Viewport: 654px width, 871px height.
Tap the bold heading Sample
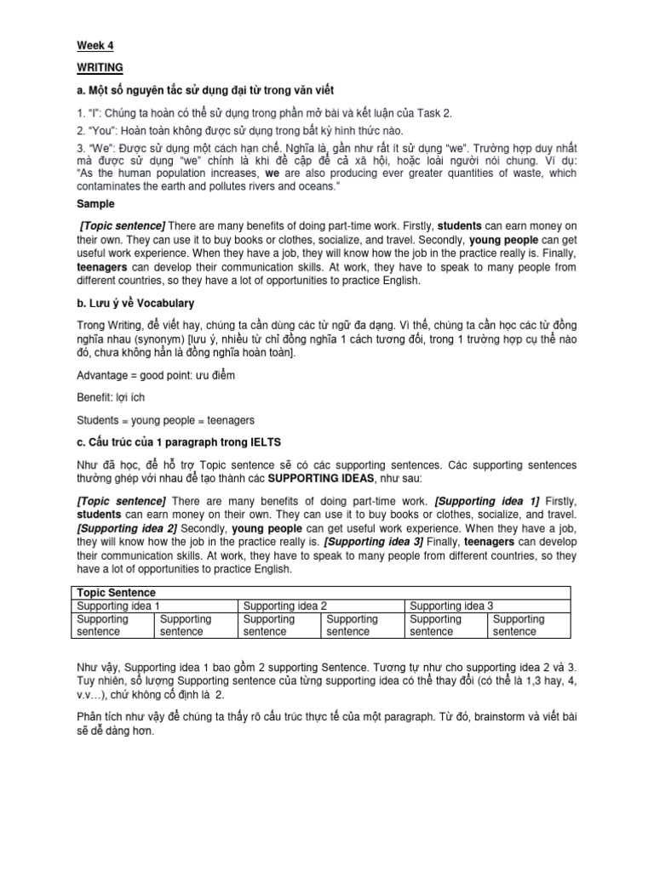95,205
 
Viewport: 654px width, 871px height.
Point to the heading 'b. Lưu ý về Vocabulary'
135,303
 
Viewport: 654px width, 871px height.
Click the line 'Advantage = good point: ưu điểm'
157,375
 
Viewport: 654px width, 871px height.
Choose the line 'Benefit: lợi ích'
114,397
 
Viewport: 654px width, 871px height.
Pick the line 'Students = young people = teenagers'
165,419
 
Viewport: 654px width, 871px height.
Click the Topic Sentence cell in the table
117,591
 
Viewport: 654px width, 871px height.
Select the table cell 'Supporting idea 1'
119,605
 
